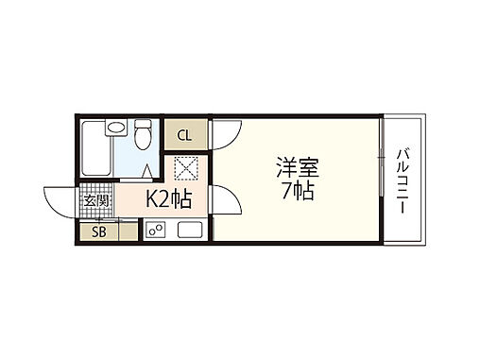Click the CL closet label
(x=184, y=134)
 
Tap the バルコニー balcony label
(x=403, y=180)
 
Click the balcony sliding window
(x=382, y=180)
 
